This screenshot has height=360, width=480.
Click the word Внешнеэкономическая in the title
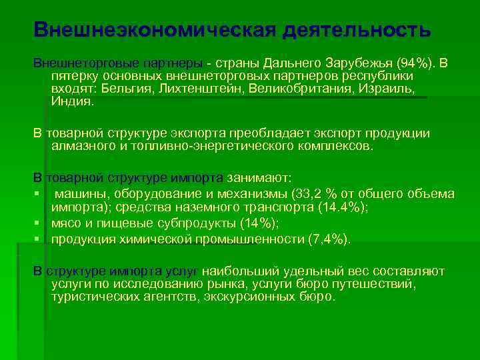coord(154,29)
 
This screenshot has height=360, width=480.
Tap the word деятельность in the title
coord(357,29)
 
